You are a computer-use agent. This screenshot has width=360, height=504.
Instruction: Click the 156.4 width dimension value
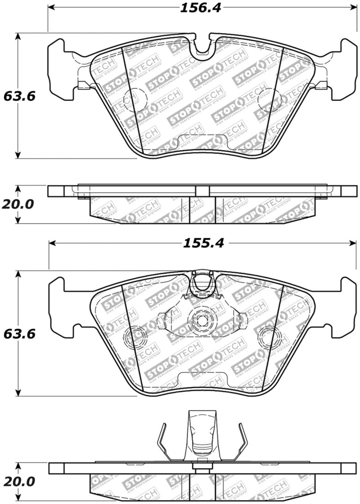pyautogui.click(x=201, y=8)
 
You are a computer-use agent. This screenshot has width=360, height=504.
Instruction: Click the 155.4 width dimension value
pyautogui.click(x=202, y=243)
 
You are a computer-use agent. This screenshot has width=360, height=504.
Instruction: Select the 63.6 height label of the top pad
pyautogui.click(x=19, y=96)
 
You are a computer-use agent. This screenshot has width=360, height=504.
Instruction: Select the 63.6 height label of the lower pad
pyautogui.click(x=19, y=334)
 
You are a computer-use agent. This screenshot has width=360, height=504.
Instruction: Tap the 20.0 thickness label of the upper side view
pyautogui.click(x=18, y=204)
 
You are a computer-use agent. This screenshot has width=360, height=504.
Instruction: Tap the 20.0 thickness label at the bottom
pyautogui.click(x=18, y=482)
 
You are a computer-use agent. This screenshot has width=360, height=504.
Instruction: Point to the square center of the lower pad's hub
pyautogui.click(x=201, y=320)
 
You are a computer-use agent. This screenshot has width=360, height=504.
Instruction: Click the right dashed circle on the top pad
pyautogui.click(x=270, y=99)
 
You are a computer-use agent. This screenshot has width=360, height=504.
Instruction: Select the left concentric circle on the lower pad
pyautogui.click(x=136, y=337)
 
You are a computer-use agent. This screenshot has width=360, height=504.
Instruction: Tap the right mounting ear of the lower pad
pyautogui.click(x=344, y=307)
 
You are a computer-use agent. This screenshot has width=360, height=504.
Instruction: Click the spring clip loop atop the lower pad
pyautogui.click(x=202, y=284)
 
